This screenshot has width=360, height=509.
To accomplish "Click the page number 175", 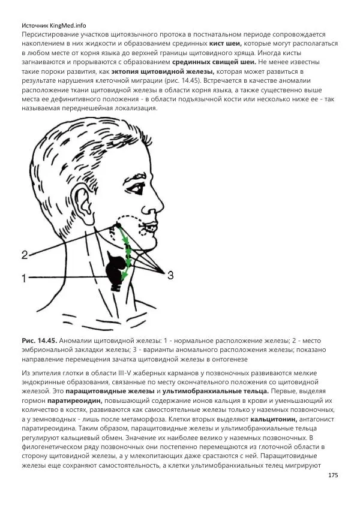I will pos(334,475).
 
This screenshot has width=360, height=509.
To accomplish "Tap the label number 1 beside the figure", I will pos(24,278).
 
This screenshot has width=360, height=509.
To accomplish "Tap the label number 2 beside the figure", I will pos(25,254).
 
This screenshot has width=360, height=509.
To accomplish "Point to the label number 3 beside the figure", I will pos(170,275).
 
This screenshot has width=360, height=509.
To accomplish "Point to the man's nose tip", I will pos(163,203).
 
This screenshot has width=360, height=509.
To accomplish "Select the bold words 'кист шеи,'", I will pos(226,44).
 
